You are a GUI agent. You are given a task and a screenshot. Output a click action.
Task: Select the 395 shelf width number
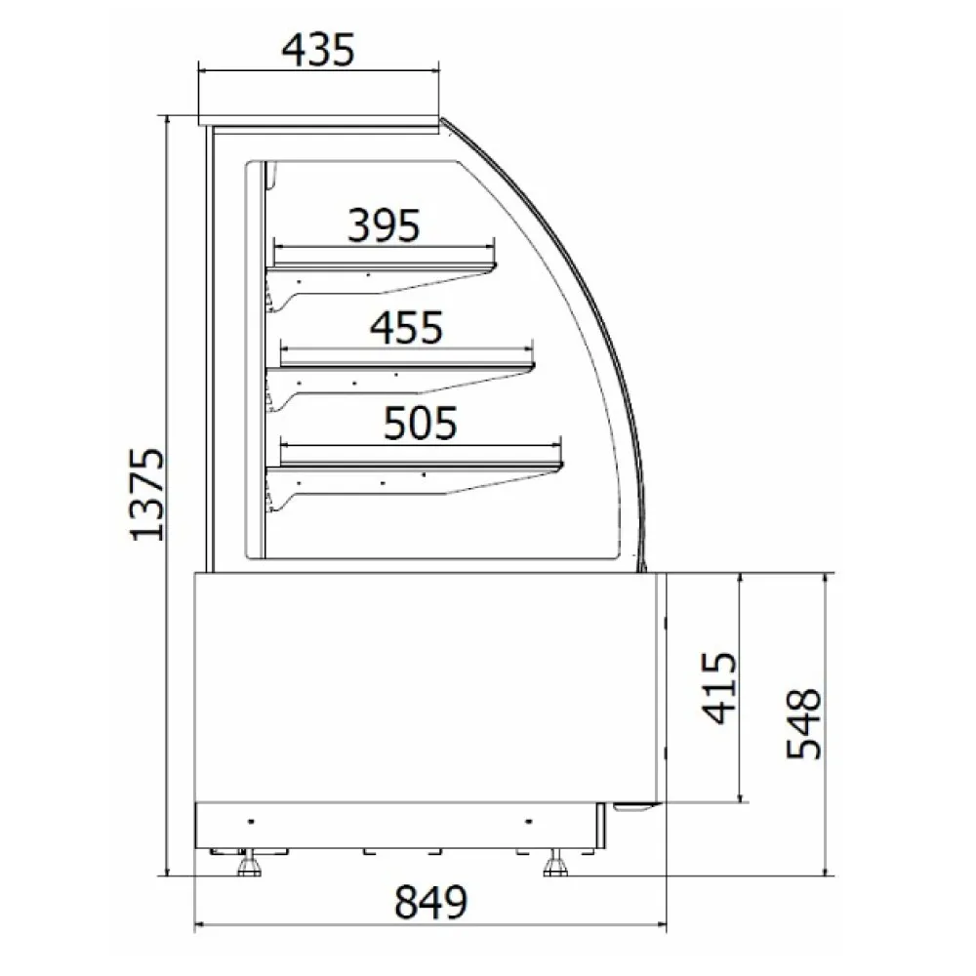(384, 224)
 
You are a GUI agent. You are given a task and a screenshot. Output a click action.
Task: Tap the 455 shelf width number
(407, 327)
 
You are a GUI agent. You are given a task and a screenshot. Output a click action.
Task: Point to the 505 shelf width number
(421, 424)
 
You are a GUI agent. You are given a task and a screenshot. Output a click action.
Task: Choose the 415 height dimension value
(720, 688)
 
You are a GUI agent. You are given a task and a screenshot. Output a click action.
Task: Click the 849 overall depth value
(430, 903)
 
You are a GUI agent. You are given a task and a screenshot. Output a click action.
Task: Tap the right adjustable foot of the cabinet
(556, 864)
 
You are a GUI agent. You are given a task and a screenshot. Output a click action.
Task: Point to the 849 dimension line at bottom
(430, 924)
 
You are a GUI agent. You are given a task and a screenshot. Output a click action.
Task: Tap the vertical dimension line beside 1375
(169, 495)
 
